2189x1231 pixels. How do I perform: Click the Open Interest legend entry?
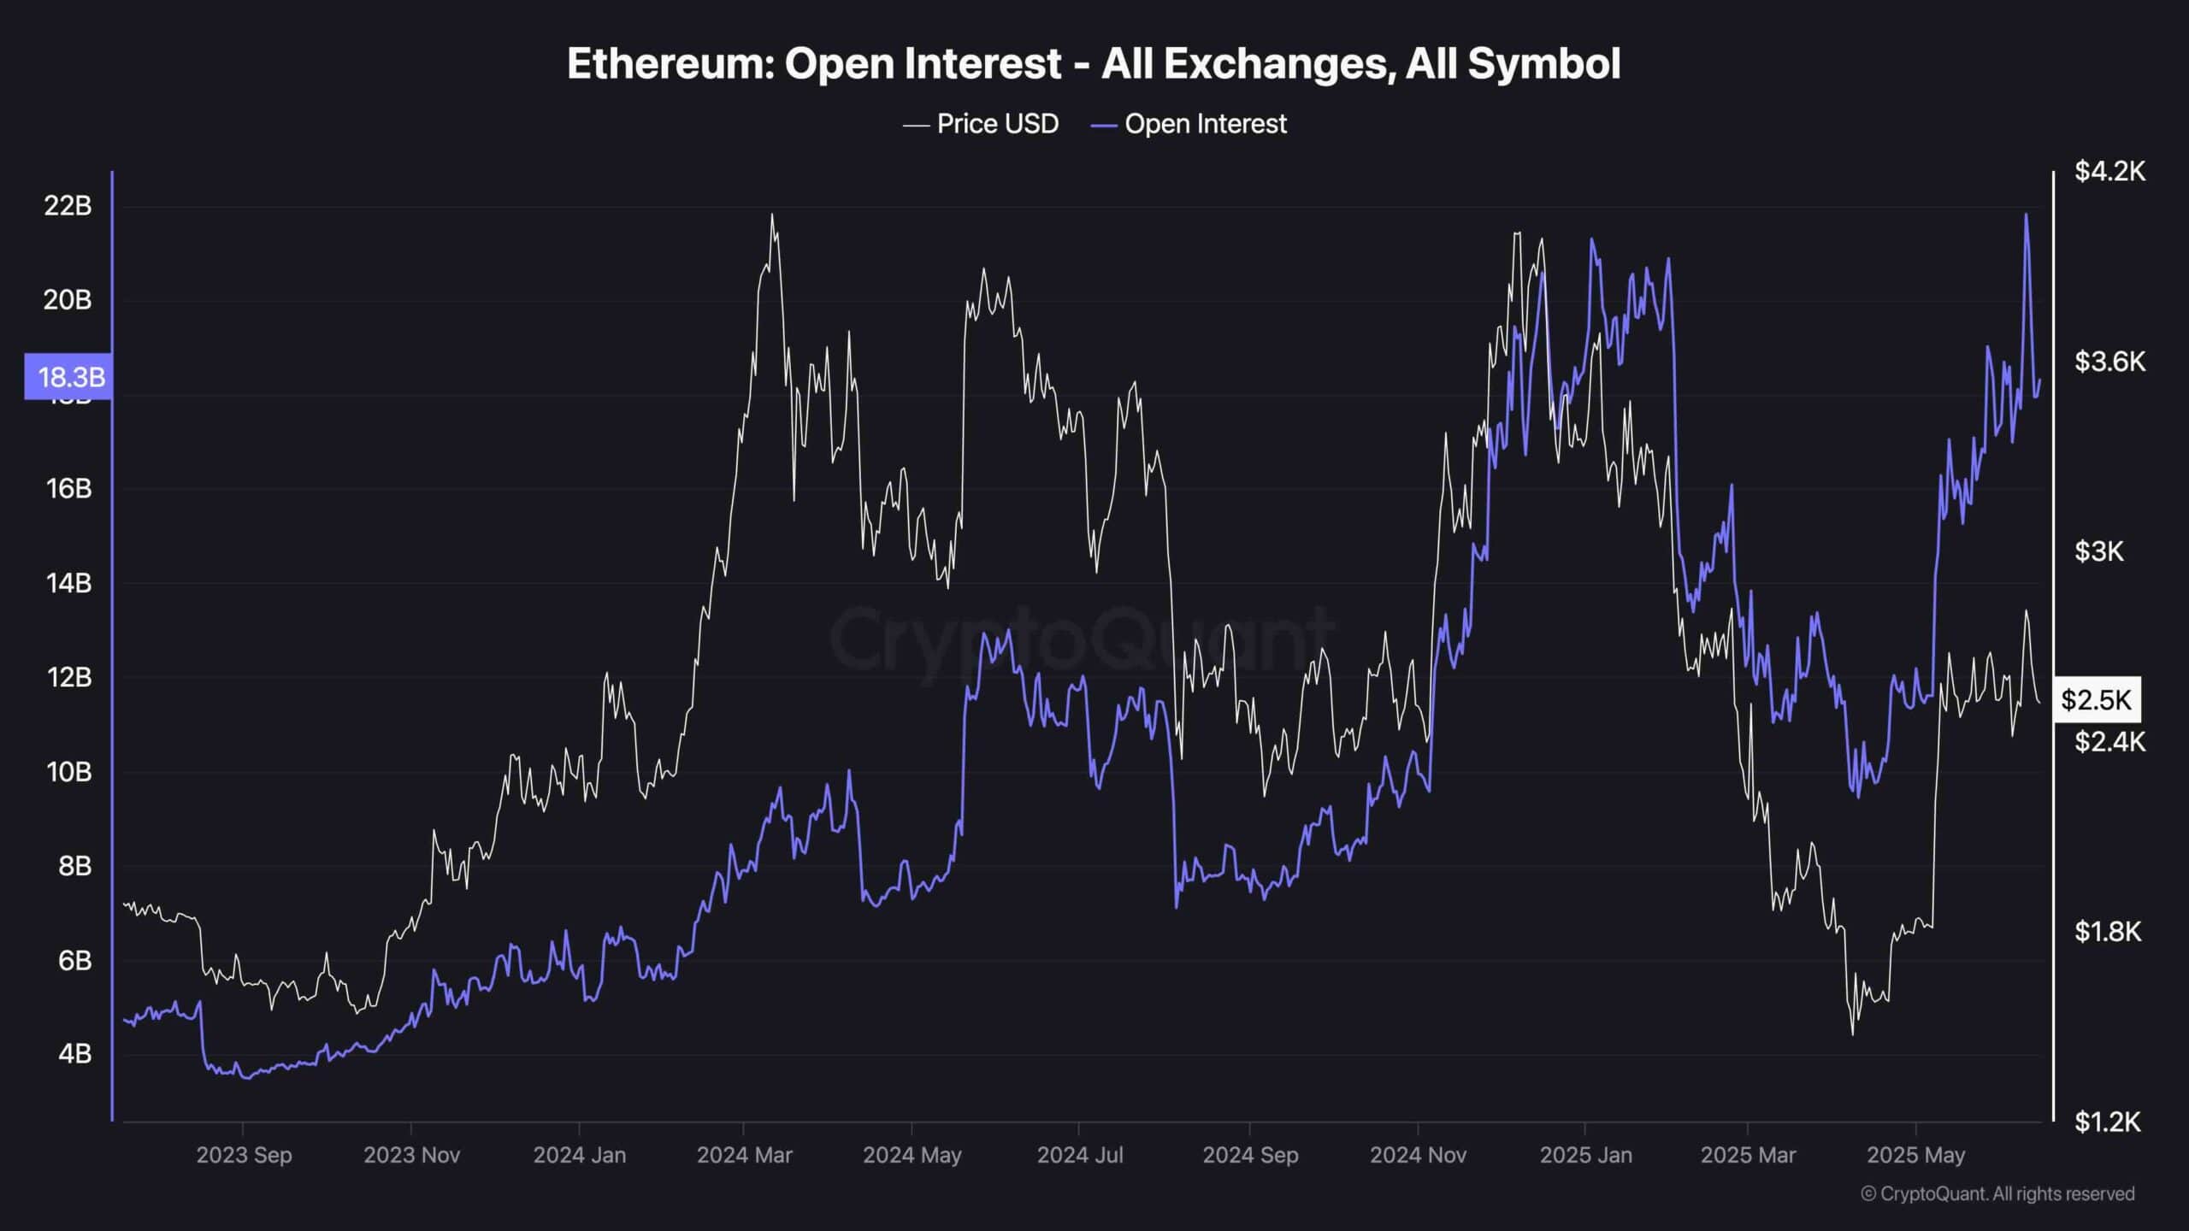pos(1189,124)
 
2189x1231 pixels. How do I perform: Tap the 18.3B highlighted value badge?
pos(68,376)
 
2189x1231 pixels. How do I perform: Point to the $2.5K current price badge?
pos(2096,700)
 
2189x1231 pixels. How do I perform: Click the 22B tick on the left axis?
pos(68,206)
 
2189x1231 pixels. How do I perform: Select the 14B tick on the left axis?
pos(68,583)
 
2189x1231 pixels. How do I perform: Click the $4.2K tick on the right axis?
pos(2109,172)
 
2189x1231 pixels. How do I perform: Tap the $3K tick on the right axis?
pos(2098,551)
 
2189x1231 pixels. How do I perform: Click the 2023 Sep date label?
pos(244,1155)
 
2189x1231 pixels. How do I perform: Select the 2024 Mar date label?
pos(744,1155)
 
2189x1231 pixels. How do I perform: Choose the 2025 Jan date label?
pos(1585,1155)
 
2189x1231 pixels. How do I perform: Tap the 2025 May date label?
pos(1915,1155)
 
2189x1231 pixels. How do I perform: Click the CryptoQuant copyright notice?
pos(1997,1193)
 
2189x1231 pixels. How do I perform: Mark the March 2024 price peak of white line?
pos(772,215)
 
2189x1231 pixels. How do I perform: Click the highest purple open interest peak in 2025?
pos(2026,215)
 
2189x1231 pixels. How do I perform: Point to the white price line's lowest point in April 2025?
pos(1852,1034)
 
